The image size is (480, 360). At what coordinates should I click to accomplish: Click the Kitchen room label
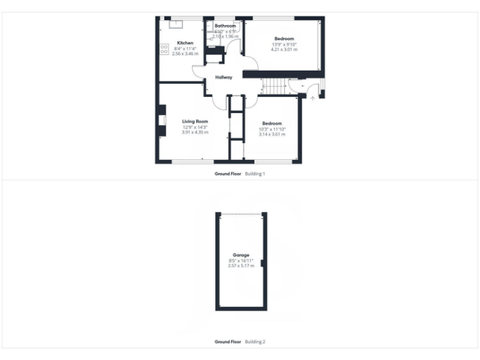pos(185,43)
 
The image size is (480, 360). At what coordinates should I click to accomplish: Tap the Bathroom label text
pos(224,26)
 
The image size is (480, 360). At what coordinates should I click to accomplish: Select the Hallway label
pos(224,77)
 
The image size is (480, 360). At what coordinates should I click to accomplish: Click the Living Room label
pos(194,121)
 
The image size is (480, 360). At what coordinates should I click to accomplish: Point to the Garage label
pos(241,255)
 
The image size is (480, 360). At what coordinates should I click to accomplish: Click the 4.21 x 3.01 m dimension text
pos(284,49)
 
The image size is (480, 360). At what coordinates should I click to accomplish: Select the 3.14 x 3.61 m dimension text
pos(272,134)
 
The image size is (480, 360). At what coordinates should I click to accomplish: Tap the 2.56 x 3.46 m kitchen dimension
pos(185,54)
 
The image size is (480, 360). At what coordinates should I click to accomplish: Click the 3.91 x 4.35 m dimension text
pos(194,132)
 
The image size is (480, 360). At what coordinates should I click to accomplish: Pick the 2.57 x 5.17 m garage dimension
pos(241,266)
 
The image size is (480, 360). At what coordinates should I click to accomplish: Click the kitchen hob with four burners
pos(164,50)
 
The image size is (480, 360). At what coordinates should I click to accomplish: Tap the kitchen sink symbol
pos(176,24)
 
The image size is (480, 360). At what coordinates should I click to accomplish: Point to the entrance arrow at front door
pos(312,98)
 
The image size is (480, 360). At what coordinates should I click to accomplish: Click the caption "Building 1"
pos(255,173)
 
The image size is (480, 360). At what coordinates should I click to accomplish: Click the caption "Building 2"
pos(255,342)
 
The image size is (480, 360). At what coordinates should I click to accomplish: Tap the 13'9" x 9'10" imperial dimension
pos(284,44)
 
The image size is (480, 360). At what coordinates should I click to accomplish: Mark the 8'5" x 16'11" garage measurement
pos(241,261)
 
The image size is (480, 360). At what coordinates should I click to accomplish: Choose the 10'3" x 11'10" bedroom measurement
pos(272,129)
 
